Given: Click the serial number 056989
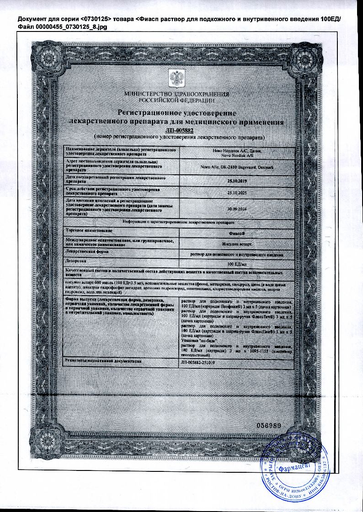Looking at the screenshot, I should (x=269, y=425).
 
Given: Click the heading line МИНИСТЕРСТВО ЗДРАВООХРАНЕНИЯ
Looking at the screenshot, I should (x=176, y=94).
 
